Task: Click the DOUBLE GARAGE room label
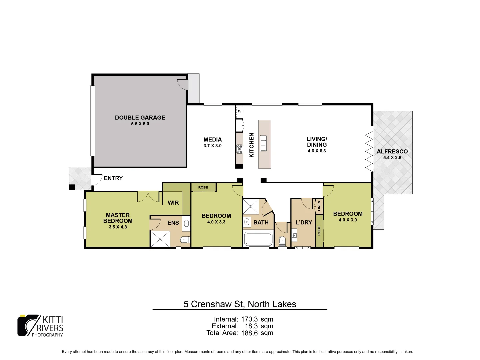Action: pos(140,118)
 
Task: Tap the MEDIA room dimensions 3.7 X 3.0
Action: pos(212,146)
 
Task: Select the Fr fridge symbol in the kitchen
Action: pos(239,111)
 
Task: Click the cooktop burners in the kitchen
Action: pos(240,149)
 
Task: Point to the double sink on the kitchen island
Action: pos(263,143)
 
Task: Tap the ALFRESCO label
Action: pos(392,152)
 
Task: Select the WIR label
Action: pos(173,203)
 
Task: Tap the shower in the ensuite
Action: pos(160,239)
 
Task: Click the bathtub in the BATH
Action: pos(258,239)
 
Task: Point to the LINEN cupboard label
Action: pos(319,206)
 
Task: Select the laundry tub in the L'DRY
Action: pos(294,235)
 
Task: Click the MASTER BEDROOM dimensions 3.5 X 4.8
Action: pos(118,227)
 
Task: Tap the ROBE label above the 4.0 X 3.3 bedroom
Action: pos(203,187)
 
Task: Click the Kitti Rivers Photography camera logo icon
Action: pos(28,325)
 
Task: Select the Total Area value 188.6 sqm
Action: pos(257,333)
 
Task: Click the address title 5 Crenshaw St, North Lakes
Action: pos(240,304)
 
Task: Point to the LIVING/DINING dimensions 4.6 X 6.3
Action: pos(317,151)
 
